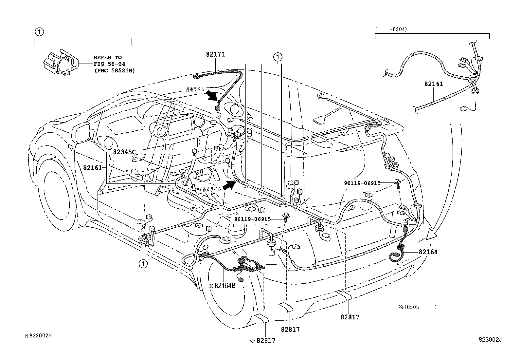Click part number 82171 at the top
click(215, 54)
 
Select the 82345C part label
click(124, 152)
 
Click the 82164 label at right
click(428, 252)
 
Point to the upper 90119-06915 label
click(362, 183)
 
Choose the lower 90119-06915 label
click(252, 219)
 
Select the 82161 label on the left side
click(93, 168)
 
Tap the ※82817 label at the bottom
click(262, 341)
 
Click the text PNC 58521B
click(114, 70)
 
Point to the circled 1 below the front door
click(143, 263)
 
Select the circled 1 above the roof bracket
click(278, 57)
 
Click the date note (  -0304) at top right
click(391, 29)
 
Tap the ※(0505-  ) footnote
click(418, 307)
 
